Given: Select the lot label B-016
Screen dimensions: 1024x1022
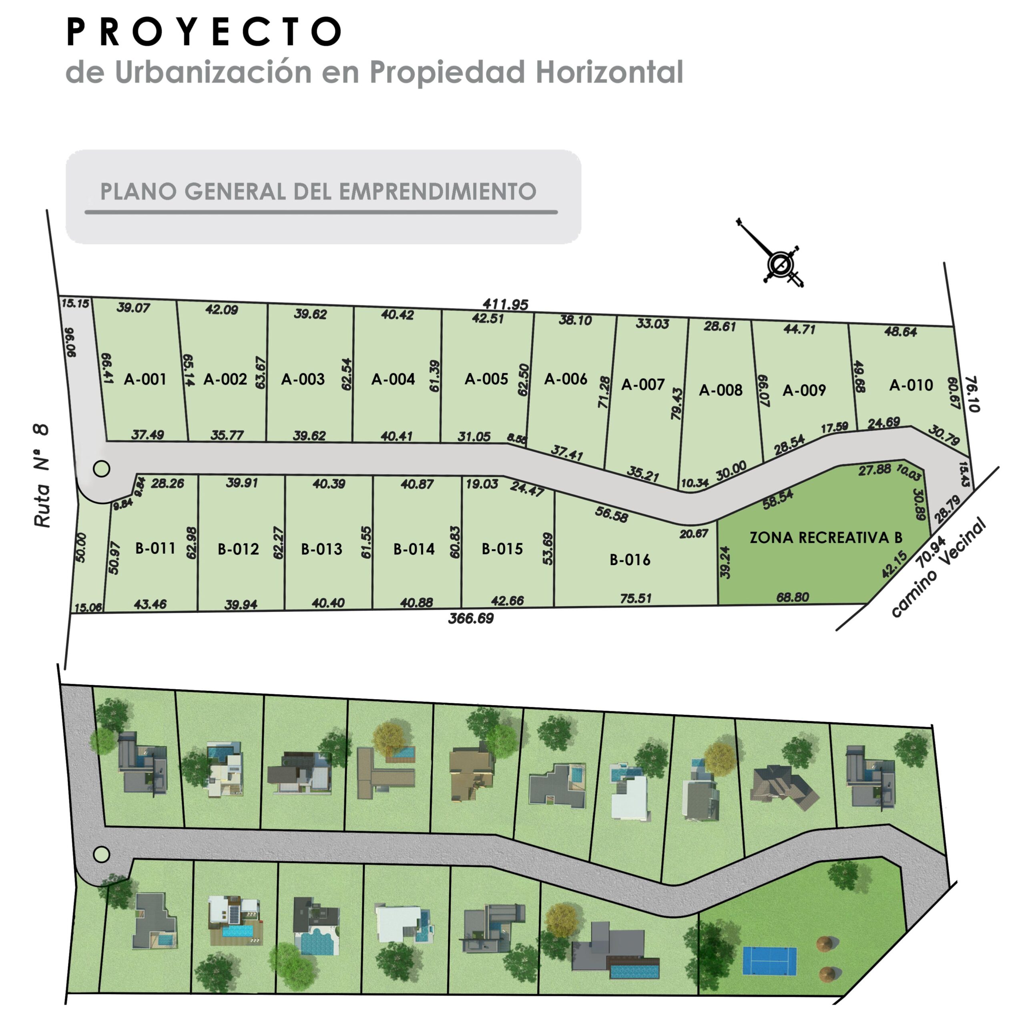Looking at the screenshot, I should click(x=630, y=560).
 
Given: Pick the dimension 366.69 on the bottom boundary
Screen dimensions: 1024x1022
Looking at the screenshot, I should click(x=471, y=618).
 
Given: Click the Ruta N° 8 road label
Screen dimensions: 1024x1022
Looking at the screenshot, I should click(x=41, y=476).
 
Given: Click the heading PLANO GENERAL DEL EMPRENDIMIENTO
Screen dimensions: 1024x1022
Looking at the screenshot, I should click(x=318, y=191).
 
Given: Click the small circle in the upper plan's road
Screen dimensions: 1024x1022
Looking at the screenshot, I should click(x=101, y=468).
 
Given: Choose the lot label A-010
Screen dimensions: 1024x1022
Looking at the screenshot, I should click(x=911, y=385).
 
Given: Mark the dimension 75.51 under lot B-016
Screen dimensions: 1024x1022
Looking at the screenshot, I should click(x=636, y=598).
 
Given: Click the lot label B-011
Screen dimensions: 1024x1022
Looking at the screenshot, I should click(x=155, y=548).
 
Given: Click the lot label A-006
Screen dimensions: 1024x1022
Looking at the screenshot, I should click(x=565, y=379).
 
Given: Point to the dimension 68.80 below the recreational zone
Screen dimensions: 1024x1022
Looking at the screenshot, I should click(x=792, y=597).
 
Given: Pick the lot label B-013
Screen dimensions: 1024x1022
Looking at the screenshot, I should click(x=321, y=549).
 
